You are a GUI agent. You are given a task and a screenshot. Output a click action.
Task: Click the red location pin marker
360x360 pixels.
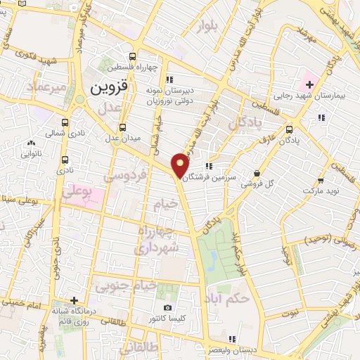point(181,165)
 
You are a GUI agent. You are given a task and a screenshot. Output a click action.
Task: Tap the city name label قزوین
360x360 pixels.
point(110,89)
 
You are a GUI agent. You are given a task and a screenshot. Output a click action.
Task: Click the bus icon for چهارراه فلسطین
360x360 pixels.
point(134,57)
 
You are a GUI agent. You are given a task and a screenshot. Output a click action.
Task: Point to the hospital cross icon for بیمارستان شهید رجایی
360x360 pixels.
point(309,84)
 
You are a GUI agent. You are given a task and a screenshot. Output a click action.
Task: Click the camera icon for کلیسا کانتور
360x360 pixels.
point(167,308)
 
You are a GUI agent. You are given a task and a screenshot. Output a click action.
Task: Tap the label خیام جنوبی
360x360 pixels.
point(136,285)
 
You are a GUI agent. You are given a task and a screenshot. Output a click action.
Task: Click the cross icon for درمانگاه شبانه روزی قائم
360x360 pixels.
point(72,300)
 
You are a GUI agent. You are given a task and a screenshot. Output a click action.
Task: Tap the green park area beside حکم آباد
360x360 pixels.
point(214,253)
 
